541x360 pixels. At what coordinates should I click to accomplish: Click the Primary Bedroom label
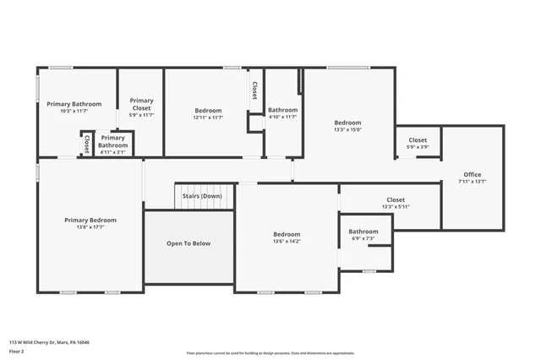tap(90, 220)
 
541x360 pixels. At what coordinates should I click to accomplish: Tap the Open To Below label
tap(189, 243)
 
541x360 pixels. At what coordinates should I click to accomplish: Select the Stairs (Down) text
tap(202, 196)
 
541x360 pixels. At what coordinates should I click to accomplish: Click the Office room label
tap(472, 174)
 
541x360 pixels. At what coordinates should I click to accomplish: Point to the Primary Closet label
tap(141, 104)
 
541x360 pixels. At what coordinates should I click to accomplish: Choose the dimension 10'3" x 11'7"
tap(74, 111)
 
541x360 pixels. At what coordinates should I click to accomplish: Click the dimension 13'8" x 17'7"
tap(90, 226)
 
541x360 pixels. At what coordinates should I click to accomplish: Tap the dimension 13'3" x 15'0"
tap(347, 130)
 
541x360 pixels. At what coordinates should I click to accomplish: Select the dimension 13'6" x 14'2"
tap(287, 241)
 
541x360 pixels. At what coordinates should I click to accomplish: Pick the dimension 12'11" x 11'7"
tap(208, 117)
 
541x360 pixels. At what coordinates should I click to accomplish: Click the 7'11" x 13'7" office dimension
tap(472, 181)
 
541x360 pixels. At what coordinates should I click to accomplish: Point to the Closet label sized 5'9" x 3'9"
tap(418, 140)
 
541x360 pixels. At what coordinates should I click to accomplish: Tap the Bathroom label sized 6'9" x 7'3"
tap(363, 232)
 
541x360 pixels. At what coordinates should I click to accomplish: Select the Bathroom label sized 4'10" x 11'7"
tap(282, 110)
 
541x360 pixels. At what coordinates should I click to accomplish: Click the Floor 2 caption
tap(16, 351)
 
